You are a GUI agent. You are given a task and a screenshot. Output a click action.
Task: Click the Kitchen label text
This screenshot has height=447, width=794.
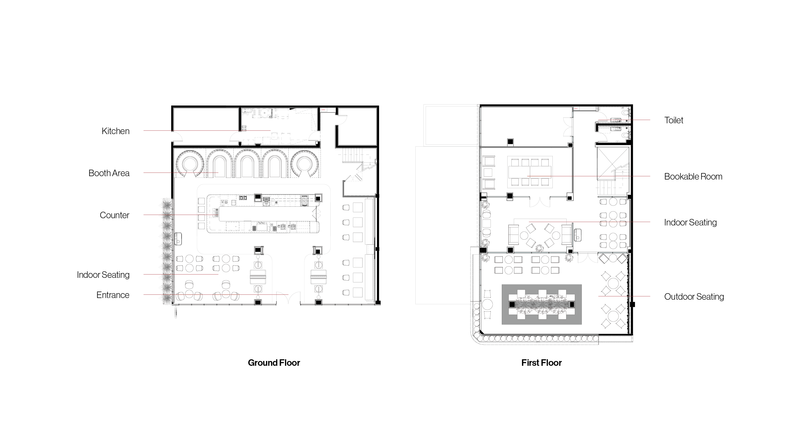click(x=115, y=131)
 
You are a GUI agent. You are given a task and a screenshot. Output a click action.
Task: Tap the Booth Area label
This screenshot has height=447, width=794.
click(x=109, y=173)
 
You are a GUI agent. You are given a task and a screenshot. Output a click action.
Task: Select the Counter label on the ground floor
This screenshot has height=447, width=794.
click(x=114, y=215)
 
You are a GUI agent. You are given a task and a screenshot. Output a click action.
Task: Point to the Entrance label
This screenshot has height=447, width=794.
click(x=113, y=295)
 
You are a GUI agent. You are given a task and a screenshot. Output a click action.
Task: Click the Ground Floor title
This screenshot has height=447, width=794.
click(x=274, y=363)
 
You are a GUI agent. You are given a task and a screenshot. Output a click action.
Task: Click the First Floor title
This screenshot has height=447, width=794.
click(x=541, y=363)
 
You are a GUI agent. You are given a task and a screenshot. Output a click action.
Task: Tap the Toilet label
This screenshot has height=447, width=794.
click(x=673, y=120)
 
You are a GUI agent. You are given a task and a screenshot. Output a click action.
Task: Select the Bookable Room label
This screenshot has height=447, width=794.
click(x=693, y=176)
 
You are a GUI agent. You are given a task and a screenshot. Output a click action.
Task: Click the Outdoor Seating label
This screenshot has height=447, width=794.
click(x=694, y=297)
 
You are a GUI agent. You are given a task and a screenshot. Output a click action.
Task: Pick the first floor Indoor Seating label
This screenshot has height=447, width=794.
click(x=691, y=223)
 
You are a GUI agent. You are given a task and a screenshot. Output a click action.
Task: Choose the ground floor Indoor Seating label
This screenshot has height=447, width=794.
click(x=103, y=275)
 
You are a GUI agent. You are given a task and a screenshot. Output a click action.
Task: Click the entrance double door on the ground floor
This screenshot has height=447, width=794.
click(x=288, y=298)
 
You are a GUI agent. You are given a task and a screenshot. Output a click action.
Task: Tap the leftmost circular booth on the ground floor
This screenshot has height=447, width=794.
click(x=190, y=164)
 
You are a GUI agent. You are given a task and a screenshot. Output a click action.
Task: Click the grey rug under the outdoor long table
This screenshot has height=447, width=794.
click(x=542, y=304)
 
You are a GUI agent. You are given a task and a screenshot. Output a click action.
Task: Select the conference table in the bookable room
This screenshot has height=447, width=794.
click(x=530, y=172)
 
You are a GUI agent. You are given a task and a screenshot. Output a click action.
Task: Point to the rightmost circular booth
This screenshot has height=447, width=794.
click(x=304, y=164)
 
